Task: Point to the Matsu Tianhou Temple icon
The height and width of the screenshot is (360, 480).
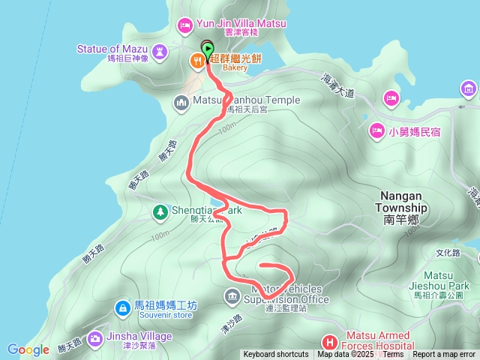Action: click(x=181, y=101)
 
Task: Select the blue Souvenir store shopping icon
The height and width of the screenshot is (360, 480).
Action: click(x=121, y=307)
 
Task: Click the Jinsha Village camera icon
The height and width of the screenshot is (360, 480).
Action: click(x=95, y=338)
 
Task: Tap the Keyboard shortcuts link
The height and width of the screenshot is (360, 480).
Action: click(x=275, y=355)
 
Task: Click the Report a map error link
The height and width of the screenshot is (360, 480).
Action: click(x=444, y=355)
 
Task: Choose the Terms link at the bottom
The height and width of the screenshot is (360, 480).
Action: click(x=393, y=355)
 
